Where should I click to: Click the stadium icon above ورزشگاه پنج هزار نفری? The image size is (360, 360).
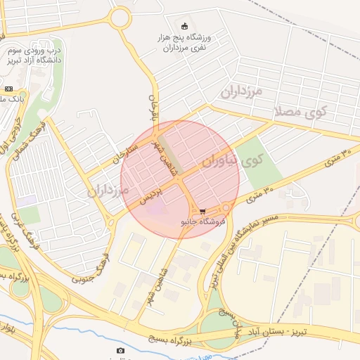(185, 26)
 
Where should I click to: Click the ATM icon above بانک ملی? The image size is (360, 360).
(8, 89)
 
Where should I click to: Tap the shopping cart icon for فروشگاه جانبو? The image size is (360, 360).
(202, 210)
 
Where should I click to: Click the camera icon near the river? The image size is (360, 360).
(120, 350)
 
